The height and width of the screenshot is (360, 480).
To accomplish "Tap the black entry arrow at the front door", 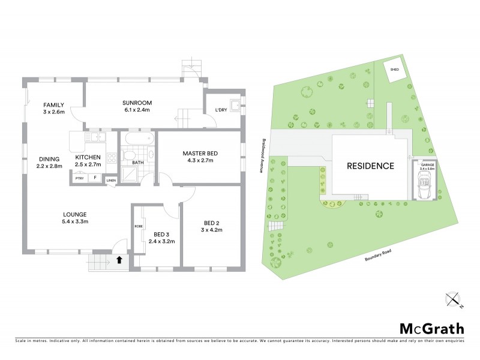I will click(x=119, y=260).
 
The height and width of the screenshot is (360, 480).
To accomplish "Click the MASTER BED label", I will click(x=200, y=153).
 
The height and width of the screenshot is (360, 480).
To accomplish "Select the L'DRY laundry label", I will click(x=220, y=110).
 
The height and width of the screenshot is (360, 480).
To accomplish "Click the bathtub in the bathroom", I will click(x=139, y=140).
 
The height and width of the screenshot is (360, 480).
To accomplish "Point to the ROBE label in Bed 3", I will click(x=139, y=226).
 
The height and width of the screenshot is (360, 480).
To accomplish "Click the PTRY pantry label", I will click(x=79, y=178).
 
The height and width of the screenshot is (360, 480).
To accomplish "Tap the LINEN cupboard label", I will click(x=110, y=180).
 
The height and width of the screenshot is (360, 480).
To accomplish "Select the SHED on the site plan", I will click(x=394, y=70).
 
